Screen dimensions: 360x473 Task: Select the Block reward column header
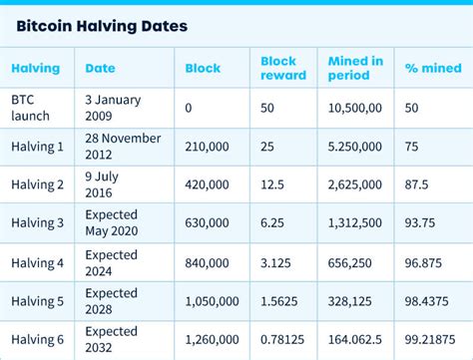[278, 68]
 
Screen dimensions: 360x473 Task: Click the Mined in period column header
[354, 68]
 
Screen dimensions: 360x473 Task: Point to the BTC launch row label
[30, 107]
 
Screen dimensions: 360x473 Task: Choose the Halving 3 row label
[37, 223]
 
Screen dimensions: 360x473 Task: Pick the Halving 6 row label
[37, 340]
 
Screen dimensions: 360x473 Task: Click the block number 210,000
[207, 146]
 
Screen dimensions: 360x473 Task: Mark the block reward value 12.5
[274, 184]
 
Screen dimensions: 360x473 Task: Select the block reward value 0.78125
[283, 340]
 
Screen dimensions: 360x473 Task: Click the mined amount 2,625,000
[354, 184]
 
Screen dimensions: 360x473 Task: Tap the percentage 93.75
[423, 223]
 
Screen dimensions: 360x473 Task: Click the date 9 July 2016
[103, 184]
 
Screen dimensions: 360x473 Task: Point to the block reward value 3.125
[277, 262]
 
